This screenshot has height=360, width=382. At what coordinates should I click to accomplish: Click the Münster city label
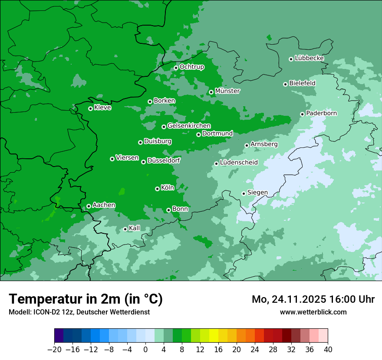227,91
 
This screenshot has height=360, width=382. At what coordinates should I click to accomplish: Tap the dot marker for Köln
157,189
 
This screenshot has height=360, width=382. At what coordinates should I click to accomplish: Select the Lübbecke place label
309,58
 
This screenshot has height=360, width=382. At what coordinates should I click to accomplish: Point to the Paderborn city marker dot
302,114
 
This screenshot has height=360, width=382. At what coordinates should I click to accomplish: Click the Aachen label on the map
104,205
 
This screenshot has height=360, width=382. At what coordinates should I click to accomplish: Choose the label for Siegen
257,193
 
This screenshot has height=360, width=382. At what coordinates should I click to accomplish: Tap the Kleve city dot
90,108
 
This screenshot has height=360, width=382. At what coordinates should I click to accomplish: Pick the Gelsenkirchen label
189,126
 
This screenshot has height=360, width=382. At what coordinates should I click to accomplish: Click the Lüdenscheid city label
239,163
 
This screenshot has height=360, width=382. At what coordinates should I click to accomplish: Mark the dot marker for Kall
125,229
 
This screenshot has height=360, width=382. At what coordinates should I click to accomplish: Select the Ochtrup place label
191,67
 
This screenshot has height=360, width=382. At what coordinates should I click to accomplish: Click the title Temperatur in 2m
86,299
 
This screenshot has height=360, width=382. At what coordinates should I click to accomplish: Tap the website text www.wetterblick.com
313,312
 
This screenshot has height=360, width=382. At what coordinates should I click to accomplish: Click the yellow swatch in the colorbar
214,336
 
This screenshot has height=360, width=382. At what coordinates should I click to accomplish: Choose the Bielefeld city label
302,83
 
